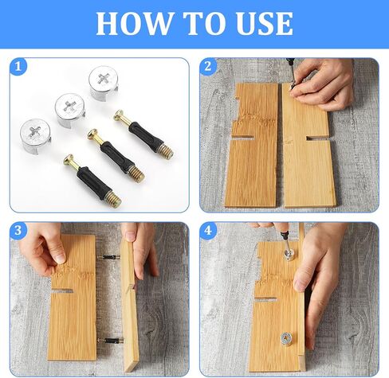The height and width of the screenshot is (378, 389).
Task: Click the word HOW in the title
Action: click(x=134, y=23)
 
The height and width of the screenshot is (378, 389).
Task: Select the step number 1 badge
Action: click(x=18, y=67)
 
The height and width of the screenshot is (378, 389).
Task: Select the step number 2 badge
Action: click(x=208, y=67)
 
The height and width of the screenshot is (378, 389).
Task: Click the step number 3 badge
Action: click(x=18, y=230)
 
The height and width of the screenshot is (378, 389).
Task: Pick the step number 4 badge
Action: click(x=208, y=230)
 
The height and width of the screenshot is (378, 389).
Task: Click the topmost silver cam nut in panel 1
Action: click(x=103, y=83)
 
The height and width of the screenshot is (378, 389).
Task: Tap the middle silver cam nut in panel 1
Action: click(x=70, y=110)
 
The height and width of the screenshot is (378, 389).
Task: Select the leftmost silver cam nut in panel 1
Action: click(x=35, y=136)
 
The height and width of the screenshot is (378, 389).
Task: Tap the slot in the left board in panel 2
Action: click(x=242, y=138)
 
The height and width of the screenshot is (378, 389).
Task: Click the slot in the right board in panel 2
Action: click(x=317, y=138)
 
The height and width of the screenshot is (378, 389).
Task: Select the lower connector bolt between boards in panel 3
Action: click(x=109, y=341)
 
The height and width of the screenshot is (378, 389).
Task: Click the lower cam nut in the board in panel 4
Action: click(x=286, y=339)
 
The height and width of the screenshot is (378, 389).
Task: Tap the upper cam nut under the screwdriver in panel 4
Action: click(x=289, y=254)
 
